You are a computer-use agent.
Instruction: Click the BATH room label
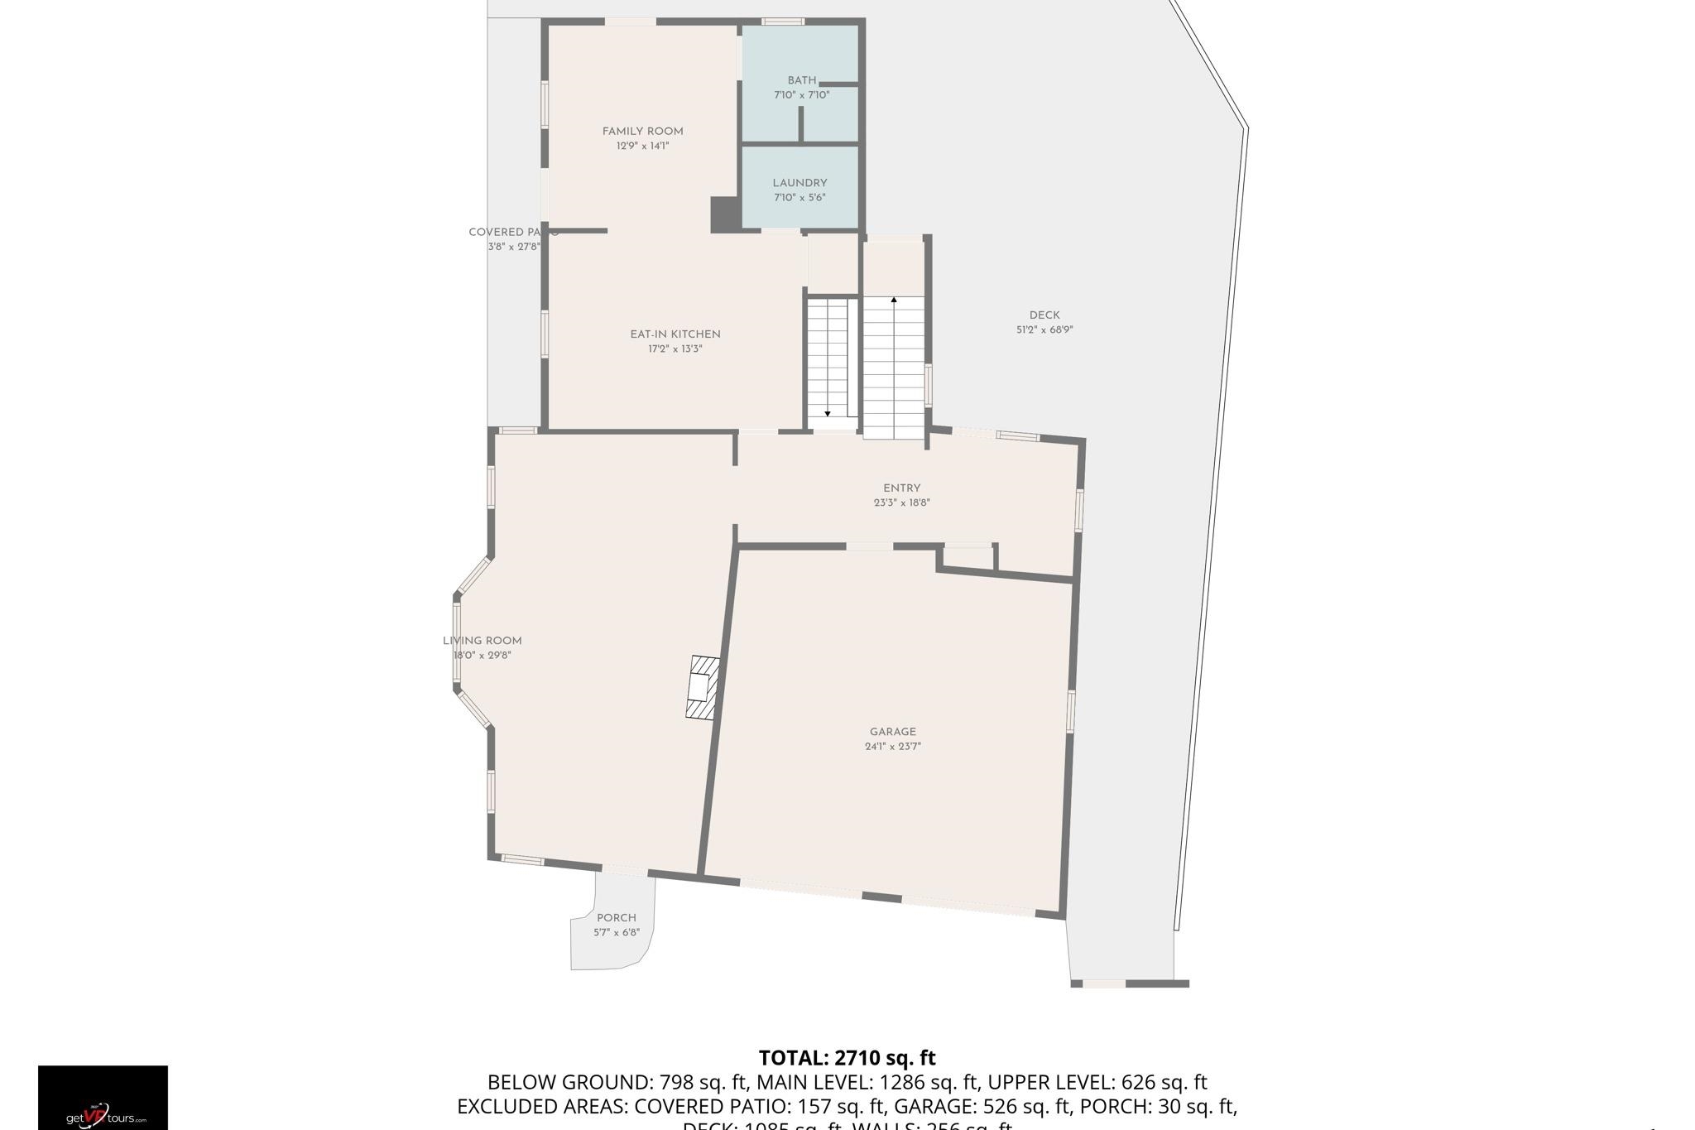(x=801, y=80)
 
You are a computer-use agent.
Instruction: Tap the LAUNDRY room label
(x=799, y=183)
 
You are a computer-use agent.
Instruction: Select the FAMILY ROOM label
(x=642, y=131)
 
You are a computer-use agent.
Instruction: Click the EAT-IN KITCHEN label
(x=675, y=334)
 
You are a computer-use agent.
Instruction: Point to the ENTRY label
(x=901, y=488)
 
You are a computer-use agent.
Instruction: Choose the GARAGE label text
(x=892, y=731)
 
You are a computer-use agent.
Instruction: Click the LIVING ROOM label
(x=483, y=640)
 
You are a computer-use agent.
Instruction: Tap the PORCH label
(x=616, y=917)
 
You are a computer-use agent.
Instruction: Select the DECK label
(x=1044, y=315)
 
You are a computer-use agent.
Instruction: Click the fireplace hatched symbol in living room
(x=702, y=687)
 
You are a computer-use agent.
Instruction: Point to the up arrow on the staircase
(x=894, y=300)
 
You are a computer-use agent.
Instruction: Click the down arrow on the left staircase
(x=827, y=413)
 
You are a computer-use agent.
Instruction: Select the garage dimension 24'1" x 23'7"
(x=892, y=746)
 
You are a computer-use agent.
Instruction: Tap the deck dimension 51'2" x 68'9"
(x=1044, y=329)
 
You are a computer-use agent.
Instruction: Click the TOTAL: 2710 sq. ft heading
(x=847, y=1057)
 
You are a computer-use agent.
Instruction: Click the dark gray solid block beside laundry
(x=725, y=214)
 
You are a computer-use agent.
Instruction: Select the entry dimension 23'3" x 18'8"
(x=901, y=502)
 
